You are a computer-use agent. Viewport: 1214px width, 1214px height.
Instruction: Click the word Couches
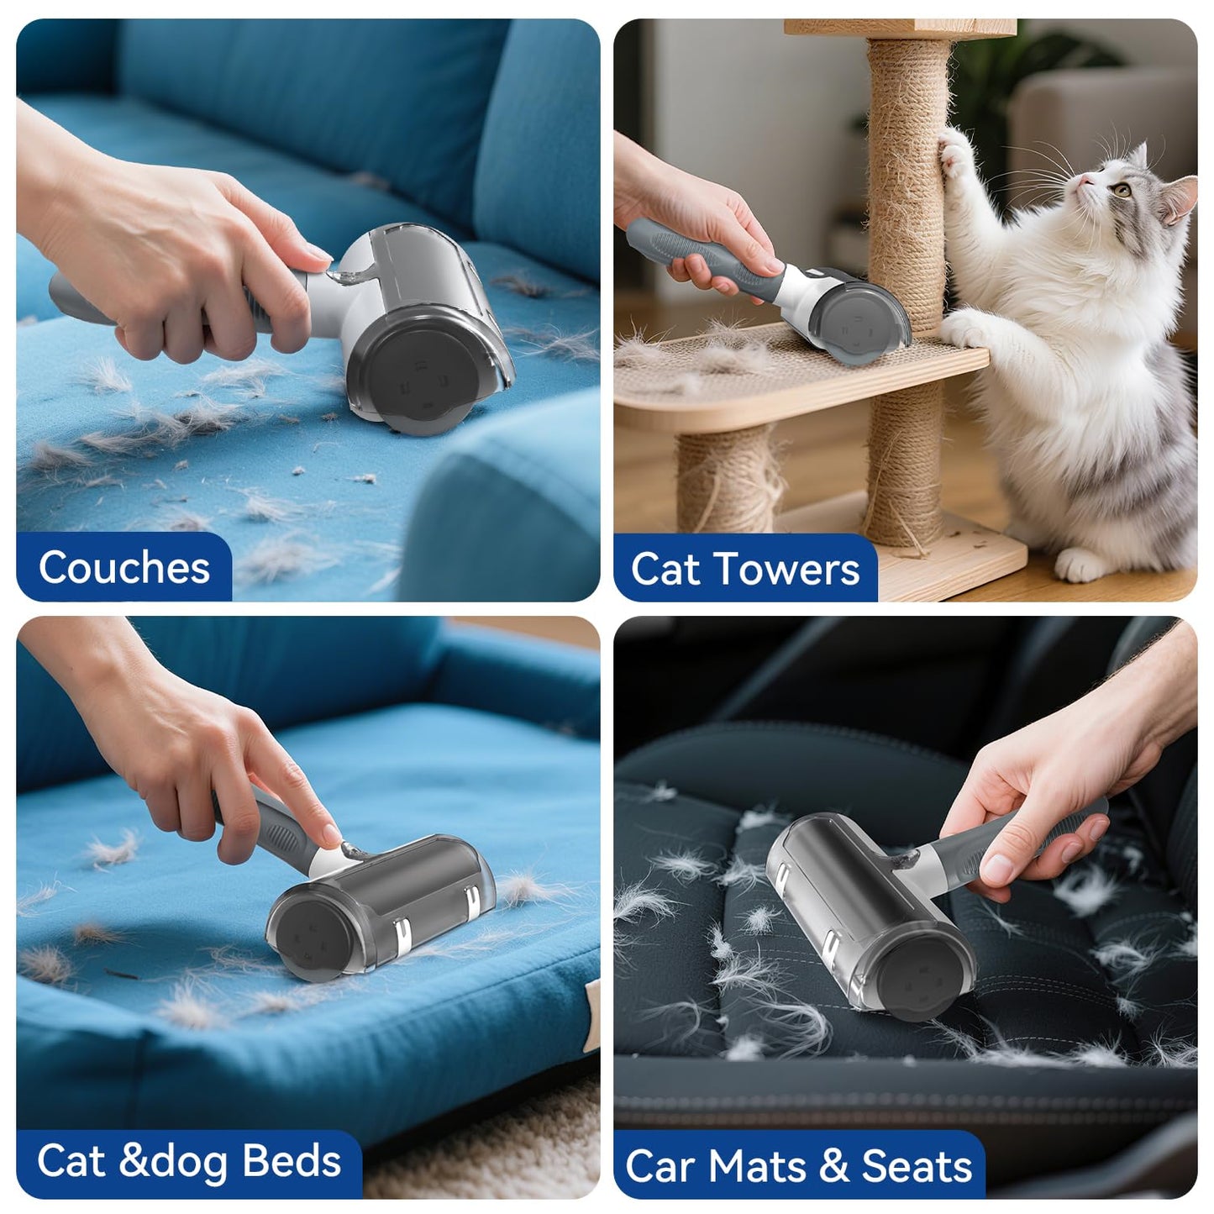pos(124,568)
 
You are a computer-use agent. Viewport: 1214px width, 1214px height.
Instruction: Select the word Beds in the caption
pos(292,1161)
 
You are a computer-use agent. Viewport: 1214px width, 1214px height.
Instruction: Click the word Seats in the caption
pos(917,1166)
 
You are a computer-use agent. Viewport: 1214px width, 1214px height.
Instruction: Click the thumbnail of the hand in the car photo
pos(999,867)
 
